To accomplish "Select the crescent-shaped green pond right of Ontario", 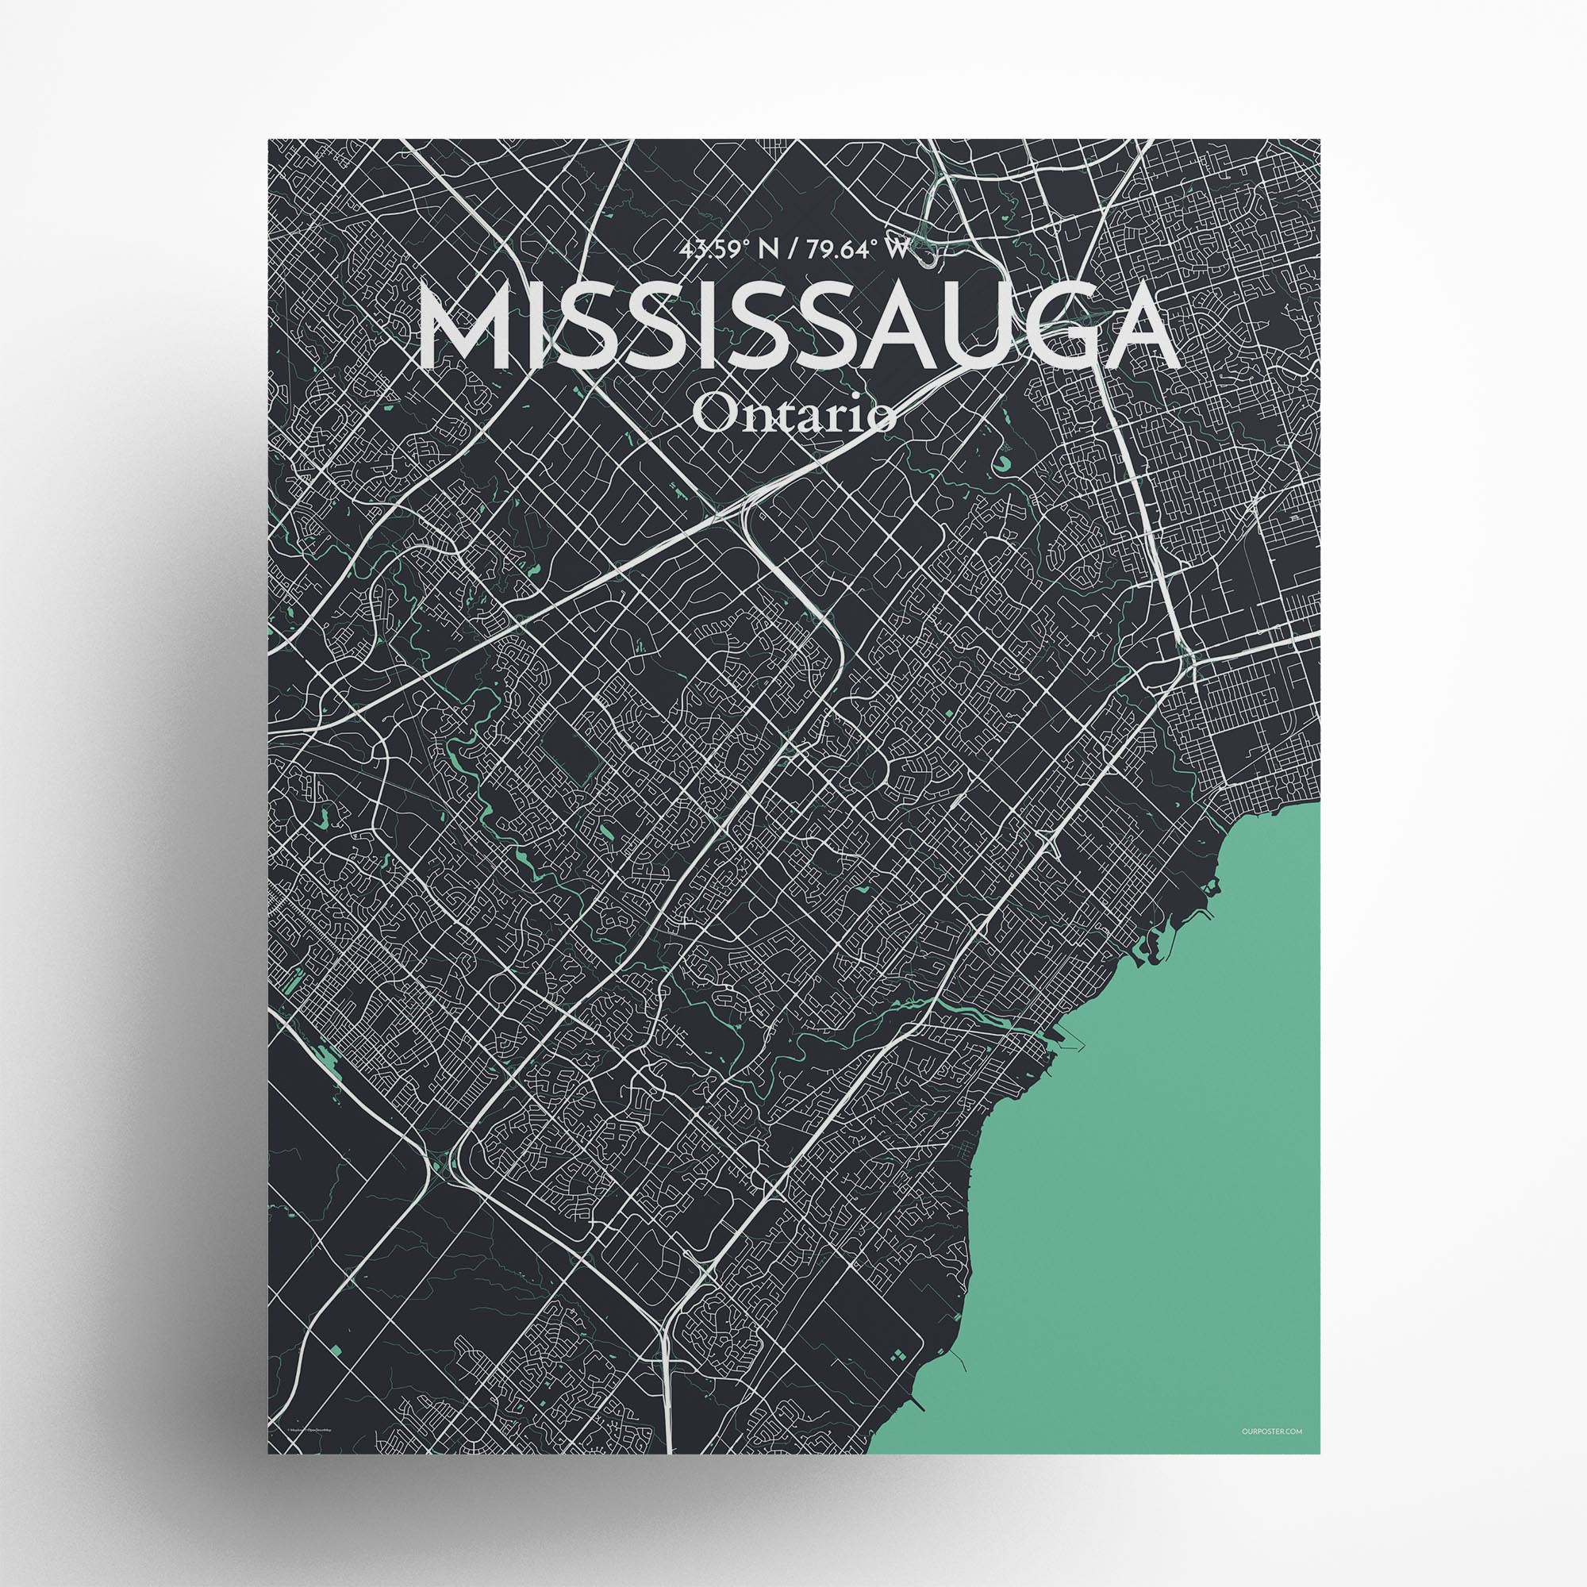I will coord(1005,466).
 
